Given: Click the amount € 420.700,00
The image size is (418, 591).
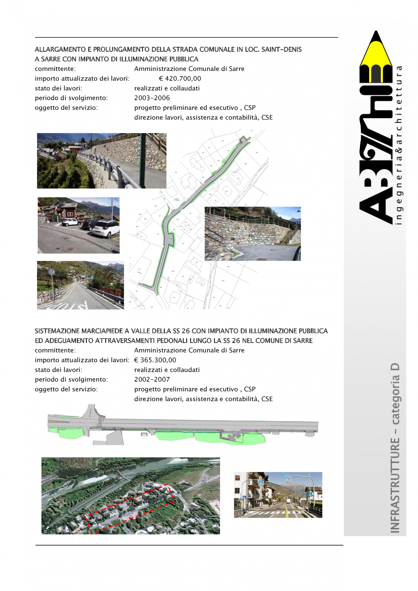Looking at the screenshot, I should pos(180,79).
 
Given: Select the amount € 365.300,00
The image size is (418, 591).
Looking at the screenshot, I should pos(155,360).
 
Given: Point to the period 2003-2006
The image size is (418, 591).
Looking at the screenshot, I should pos(152,98).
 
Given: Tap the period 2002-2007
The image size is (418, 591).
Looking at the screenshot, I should pos(152,379).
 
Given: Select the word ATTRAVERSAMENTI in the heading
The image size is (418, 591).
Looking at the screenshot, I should pos(125,341).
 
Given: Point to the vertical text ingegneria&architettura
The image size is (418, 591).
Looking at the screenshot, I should pos(399,145).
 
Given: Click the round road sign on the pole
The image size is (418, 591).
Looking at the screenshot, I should pos(51,272).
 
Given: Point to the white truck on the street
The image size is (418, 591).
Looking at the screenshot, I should pos(288,501).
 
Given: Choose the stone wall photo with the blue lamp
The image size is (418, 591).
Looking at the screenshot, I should pos(252,234).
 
